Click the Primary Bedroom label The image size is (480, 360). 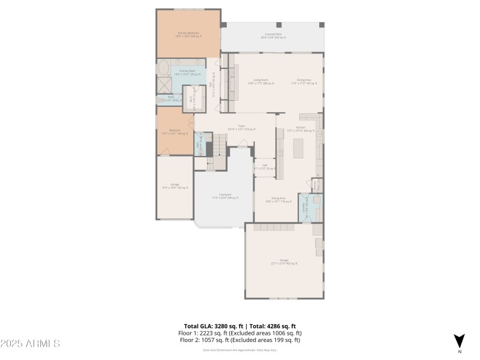coord(188,34)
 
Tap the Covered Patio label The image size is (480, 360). coord(273,36)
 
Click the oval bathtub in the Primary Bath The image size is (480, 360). coord(163,68)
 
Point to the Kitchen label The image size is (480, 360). coord(301,128)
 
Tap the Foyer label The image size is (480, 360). coord(241,128)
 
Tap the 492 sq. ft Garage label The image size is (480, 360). coord(284,262)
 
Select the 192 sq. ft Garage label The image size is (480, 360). coord(175,186)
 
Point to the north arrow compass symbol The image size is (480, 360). coord(460,341)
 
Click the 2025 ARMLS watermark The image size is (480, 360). coord(30,344)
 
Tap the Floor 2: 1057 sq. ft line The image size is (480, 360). coord(240,340)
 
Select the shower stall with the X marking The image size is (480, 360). coord(163,85)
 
